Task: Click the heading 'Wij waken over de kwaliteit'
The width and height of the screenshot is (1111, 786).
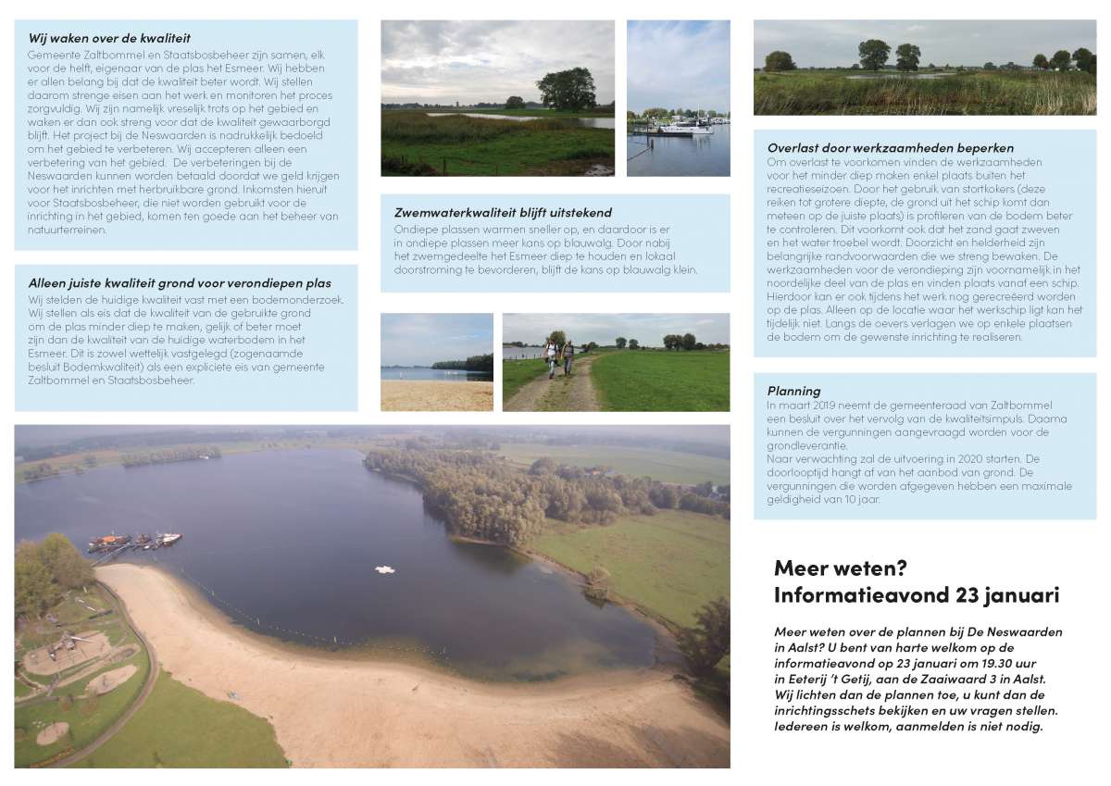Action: coord(109,38)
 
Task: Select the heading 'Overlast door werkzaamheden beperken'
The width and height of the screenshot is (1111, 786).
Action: coord(890,147)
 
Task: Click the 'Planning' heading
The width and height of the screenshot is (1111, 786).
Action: coord(793,391)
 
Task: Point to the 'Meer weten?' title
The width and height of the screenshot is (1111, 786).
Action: coord(840,567)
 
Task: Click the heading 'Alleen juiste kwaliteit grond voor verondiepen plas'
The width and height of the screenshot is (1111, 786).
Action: coord(179,282)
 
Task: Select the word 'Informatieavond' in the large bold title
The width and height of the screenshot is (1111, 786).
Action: coord(851,594)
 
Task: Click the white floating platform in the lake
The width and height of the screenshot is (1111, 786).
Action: coord(385,569)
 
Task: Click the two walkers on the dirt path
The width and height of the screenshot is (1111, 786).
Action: coord(559,357)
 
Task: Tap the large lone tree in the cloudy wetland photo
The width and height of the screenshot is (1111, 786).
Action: coord(567,89)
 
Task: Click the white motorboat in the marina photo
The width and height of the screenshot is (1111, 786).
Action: coord(680,129)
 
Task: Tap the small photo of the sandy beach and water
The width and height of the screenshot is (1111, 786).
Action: coord(436,362)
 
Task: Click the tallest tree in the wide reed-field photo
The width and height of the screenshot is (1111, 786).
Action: coord(874,54)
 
